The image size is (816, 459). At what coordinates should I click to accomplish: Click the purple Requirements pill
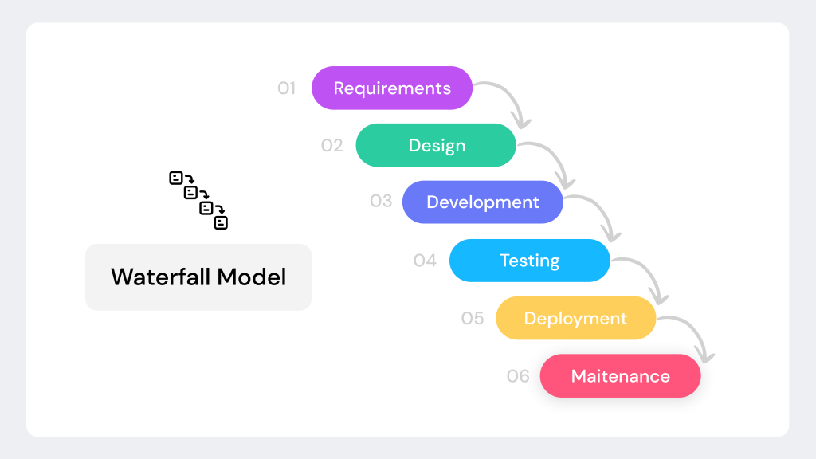(391, 88)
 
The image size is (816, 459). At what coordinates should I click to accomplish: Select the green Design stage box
(436, 145)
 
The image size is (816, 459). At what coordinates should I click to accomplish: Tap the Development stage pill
(482, 202)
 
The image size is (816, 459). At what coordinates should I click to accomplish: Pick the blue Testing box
(529, 261)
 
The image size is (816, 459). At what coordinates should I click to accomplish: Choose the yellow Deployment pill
(575, 318)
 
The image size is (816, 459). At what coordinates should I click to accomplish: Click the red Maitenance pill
(620, 376)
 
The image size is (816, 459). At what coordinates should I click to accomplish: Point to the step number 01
(286, 88)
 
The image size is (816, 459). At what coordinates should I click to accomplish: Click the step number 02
(331, 146)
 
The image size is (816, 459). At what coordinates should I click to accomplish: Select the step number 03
(381, 201)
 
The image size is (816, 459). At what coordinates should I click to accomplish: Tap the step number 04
(425, 261)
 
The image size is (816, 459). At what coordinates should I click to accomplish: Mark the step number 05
(473, 319)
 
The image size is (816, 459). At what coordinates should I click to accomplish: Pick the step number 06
(518, 376)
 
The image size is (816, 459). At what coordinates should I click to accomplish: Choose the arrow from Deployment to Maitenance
(695, 331)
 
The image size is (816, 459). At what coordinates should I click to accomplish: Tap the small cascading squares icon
(198, 200)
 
